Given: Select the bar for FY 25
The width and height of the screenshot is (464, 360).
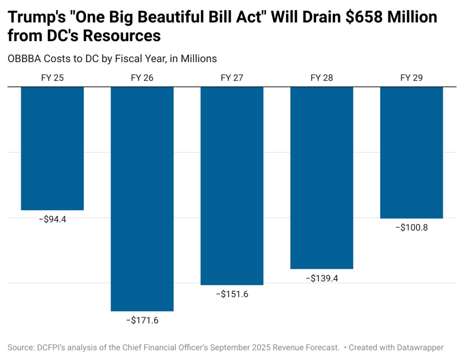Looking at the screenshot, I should [53, 148].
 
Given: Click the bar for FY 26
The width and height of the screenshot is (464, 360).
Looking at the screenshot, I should [142, 199].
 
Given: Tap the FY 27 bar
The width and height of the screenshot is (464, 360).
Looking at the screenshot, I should [232, 185].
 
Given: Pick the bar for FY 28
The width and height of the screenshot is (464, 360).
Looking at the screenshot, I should [322, 178].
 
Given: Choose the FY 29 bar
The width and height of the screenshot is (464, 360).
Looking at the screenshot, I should [411, 152].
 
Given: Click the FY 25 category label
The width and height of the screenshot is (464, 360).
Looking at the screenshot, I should [53, 78].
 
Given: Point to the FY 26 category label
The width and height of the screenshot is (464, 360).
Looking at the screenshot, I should [142, 78].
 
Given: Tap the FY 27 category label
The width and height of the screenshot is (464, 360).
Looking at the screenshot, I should [232, 78].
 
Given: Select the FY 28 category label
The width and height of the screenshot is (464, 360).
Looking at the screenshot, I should [322, 78].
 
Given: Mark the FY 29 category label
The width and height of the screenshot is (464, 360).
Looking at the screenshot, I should [411, 78].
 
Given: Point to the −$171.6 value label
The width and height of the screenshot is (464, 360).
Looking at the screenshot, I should [142, 320].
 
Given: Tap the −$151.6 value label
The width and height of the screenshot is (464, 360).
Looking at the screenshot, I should [232, 294].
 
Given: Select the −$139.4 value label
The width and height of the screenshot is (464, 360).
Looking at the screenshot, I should [322, 278].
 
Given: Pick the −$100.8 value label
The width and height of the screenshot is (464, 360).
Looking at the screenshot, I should [411, 227].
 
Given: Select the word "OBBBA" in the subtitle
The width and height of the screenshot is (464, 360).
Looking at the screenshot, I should [24, 58].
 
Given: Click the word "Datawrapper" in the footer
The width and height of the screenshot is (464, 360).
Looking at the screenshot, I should [419, 347].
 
